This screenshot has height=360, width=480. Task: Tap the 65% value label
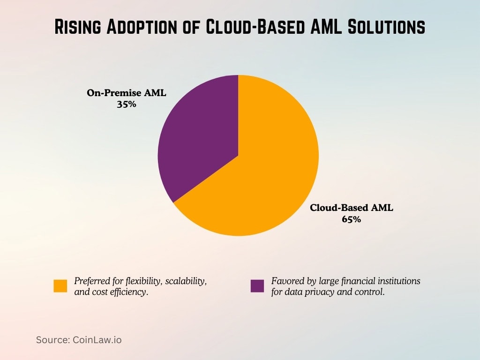[351, 219]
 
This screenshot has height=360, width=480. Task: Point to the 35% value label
[126, 105]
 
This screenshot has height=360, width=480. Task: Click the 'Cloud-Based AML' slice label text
[351, 208]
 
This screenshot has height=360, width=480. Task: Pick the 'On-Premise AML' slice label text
[126, 93]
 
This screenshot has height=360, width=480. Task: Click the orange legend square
[60, 286]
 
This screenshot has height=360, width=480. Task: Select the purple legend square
[257, 286]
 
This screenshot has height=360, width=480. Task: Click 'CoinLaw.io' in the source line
[97, 340]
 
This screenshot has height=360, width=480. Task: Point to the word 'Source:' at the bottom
[53, 340]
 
